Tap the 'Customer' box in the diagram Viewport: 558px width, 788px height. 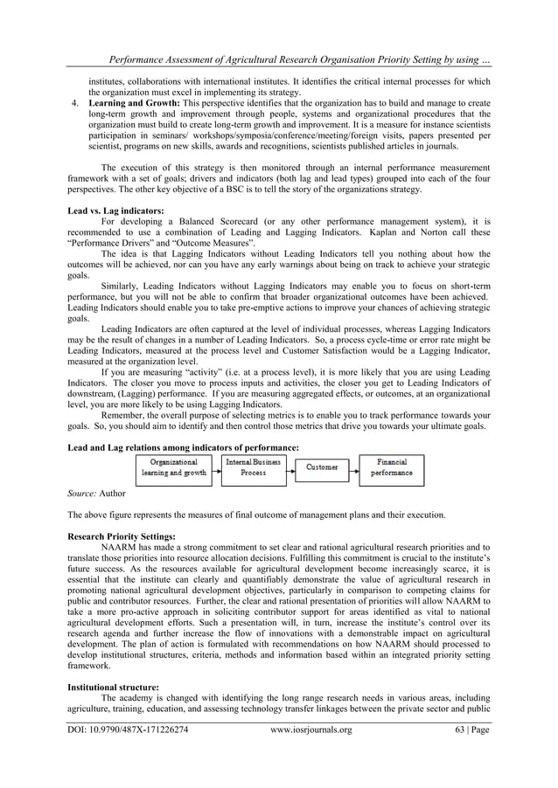[x=322, y=467]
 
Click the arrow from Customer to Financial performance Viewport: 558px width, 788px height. [x=355, y=468]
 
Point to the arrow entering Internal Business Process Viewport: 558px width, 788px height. [x=216, y=469]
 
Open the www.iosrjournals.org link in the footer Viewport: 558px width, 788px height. [x=311, y=754]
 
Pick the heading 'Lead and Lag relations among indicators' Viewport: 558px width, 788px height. [x=183, y=446]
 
